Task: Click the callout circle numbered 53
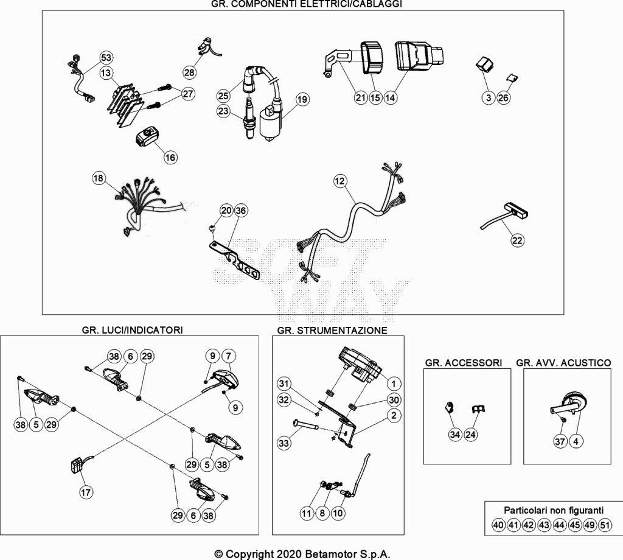click(106, 58)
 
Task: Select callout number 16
click(170, 158)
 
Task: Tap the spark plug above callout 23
click(249, 119)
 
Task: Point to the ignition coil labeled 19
click(271, 121)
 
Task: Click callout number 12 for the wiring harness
click(339, 181)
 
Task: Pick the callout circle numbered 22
click(517, 240)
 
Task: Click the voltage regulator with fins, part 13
click(124, 103)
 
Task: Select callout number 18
click(99, 178)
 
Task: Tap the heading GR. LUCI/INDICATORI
click(132, 330)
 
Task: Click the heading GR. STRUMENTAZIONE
click(332, 331)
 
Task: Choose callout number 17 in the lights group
click(86, 492)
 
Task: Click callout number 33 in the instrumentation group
click(284, 443)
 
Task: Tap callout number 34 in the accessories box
click(455, 435)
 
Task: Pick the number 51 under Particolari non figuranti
click(605, 525)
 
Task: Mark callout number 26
click(503, 98)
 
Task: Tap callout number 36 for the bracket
click(241, 210)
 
